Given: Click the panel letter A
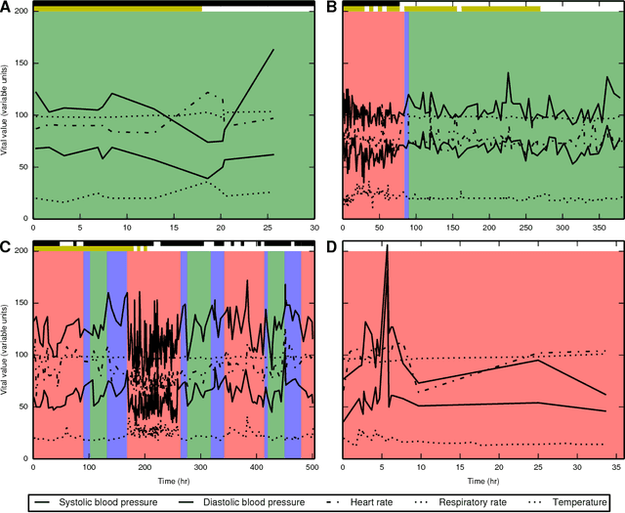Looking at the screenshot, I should click(7, 7).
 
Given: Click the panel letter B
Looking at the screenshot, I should click(332, 7).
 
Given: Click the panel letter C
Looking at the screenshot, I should click(7, 244).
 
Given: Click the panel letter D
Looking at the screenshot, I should click(332, 244).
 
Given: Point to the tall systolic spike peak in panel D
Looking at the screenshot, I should click(387, 247).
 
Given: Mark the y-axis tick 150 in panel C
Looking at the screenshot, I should click(20, 303).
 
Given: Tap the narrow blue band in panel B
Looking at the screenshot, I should click(406, 117).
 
